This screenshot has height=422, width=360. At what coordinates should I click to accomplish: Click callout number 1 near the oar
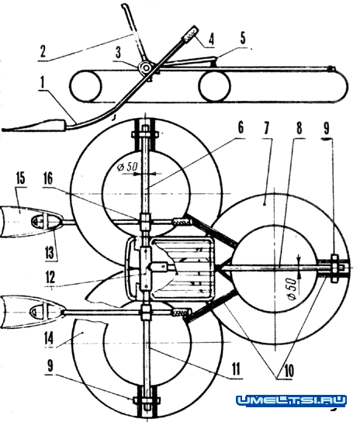[x=42, y=82]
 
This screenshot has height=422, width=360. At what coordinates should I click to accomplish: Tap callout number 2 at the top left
[x=43, y=51]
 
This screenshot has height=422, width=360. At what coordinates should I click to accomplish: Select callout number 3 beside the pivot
[x=118, y=53]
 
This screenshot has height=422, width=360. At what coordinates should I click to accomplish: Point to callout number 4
[x=211, y=39]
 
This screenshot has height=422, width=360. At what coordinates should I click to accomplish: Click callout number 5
[x=243, y=38]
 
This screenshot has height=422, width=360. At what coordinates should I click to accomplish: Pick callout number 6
[x=241, y=127]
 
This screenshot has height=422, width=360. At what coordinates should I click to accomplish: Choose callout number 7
[x=266, y=128]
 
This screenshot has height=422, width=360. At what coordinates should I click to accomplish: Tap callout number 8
[x=299, y=128]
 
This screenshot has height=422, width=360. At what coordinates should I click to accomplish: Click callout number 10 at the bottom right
[x=289, y=371]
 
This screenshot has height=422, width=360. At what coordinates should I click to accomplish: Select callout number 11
[x=236, y=369]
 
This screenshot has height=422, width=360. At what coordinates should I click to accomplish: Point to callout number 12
[x=50, y=277]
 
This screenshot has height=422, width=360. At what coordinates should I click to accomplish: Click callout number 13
[x=50, y=253]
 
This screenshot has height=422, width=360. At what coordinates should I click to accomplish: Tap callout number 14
[x=49, y=338]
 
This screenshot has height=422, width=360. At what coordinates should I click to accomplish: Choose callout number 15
[x=20, y=178]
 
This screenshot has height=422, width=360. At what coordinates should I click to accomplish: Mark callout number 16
[x=48, y=178]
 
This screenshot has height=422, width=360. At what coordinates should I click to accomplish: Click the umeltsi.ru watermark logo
[x=291, y=400]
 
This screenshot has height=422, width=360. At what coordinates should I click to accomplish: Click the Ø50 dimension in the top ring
[x=127, y=167]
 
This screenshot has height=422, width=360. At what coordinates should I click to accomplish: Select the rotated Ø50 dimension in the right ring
[x=292, y=289]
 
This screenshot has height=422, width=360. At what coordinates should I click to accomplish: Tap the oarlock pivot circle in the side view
[x=145, y=67]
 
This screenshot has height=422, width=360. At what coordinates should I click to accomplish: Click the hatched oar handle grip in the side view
[x=190, y=33]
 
